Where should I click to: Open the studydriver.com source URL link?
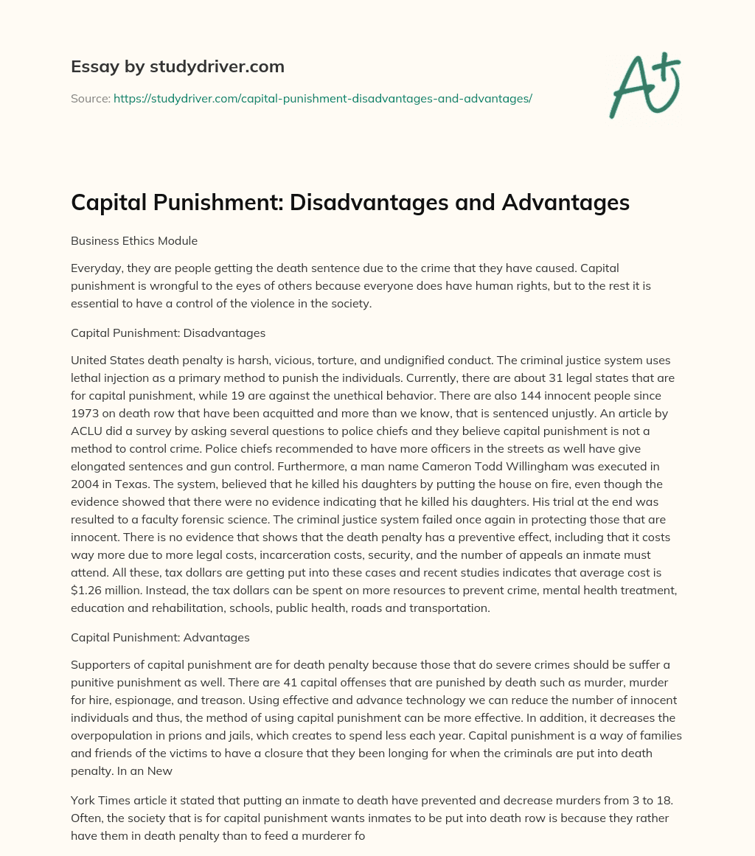[322, 98]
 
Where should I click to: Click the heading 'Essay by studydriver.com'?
[177, 67]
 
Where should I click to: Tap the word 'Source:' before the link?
[90, 98]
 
